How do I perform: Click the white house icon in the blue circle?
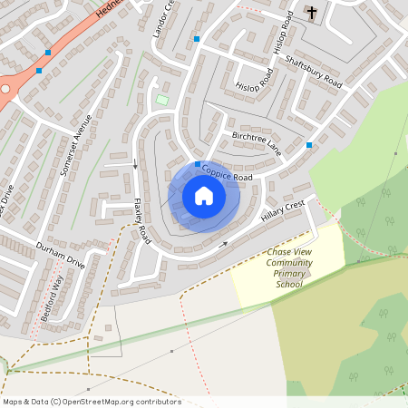(204, 196)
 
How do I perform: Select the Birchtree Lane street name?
(257, 145)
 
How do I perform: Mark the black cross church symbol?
(312, 13)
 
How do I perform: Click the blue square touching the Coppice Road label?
(198, 164)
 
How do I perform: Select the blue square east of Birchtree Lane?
(309, 145)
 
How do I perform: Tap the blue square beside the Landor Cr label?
(196, 39)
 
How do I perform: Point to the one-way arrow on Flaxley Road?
(136, 165)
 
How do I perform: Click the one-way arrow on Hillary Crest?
(225, 245)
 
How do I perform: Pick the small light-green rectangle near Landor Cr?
(162, 99)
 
